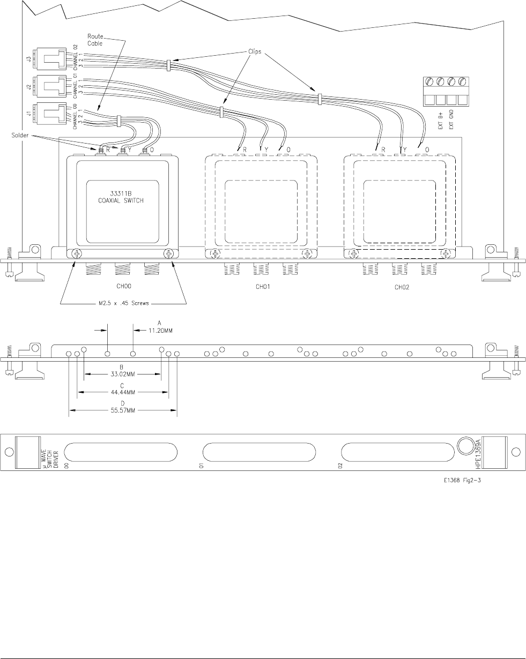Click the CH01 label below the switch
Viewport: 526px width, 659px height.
click(x=261, y=287)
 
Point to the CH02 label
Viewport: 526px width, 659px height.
click(x=401, y=287)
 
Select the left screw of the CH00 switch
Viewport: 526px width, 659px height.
click(x=77, y=254)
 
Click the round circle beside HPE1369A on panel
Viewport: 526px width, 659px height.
click(x=466, y=446)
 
